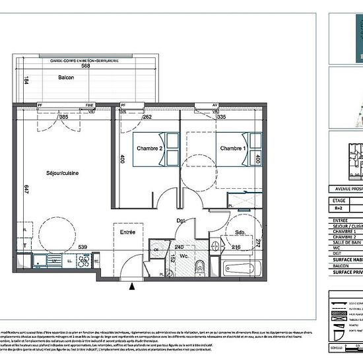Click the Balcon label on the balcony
click(x=66, y=77)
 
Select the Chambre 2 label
click(x=150, y=148)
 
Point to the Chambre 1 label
click(x=233, y=148)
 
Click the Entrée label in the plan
click(x=127, y=232)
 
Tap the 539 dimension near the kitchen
click(x=83, y=247)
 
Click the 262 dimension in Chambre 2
click(x=148, y=117)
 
